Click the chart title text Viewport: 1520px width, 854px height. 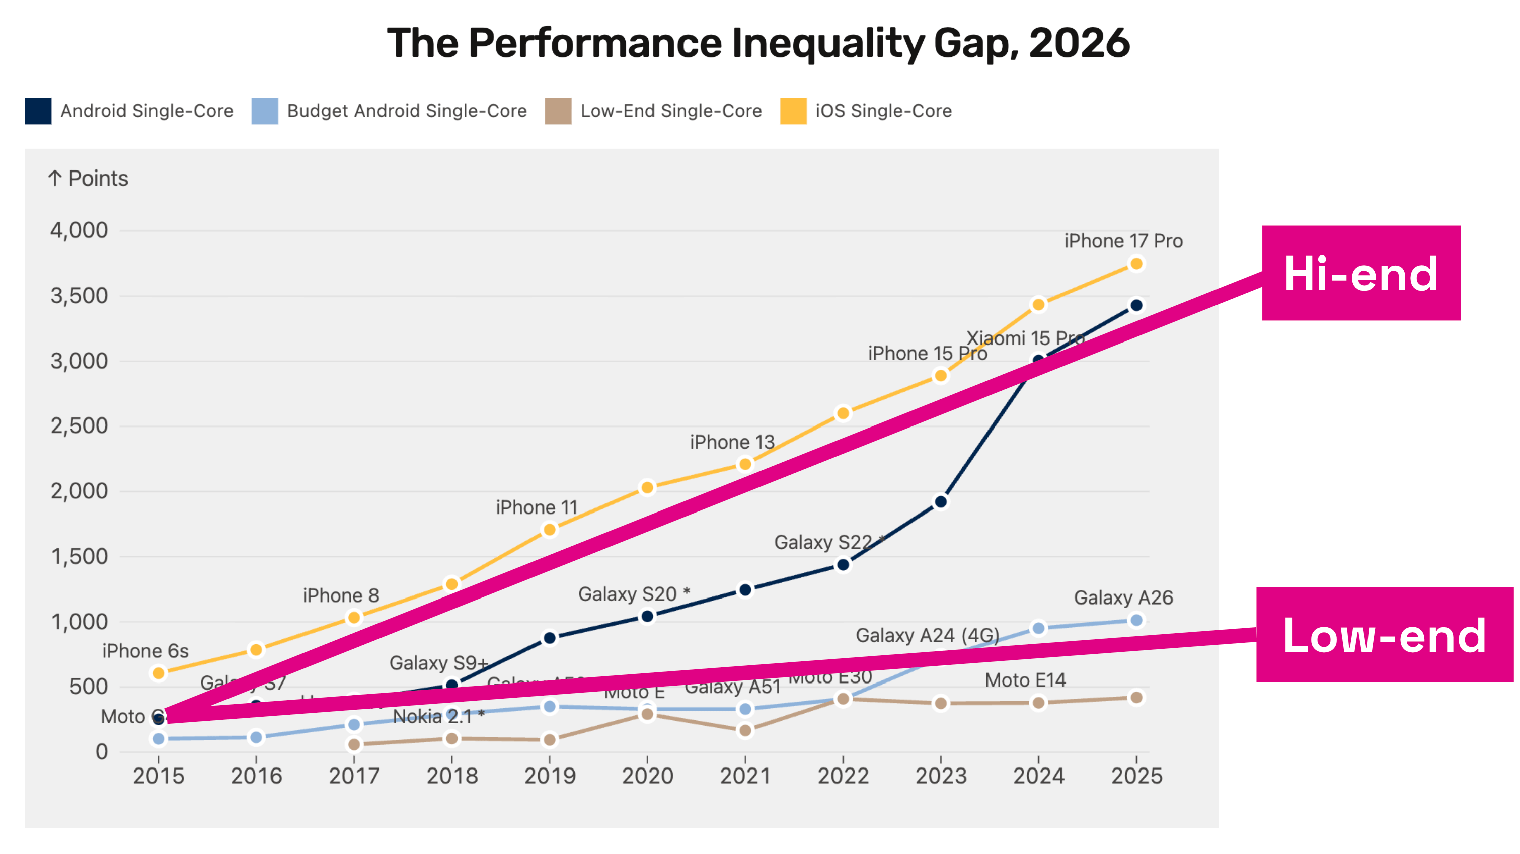pos(758,43)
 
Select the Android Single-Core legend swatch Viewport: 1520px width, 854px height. pos(38,111)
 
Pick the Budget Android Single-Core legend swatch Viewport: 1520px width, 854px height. pos(264,111)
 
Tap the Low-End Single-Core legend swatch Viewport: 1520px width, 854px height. pos(558,111)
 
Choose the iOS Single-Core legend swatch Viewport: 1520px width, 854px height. pos(793,111)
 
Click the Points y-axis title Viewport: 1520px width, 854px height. pos(88,178)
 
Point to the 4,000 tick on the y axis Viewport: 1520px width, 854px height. pos(79,231)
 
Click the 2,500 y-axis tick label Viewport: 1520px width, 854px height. pos(79,426)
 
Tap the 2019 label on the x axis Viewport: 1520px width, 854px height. pos(549,776)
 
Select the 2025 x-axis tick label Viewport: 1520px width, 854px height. pos(1136,776)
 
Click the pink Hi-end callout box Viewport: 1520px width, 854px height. pos(1360,273)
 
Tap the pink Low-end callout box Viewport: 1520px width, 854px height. pos(1384,635)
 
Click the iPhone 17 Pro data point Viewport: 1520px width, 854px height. pos(1136,264)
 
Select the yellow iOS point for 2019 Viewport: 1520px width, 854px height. pos(549,530)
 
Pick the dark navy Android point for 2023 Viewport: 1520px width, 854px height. pos(941,502)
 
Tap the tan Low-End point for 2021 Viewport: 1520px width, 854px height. pos(745,731)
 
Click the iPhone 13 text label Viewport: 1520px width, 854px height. pos(732,442)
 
